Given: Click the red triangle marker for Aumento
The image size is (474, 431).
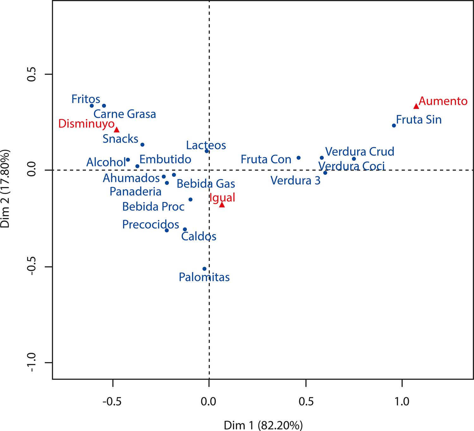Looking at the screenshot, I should tap(416, 106).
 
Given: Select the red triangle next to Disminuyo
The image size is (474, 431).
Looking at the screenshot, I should tap(117, 129).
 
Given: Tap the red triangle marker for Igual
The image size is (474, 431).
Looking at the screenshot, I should tap(222, 205).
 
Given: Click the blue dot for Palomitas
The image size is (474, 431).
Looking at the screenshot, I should tap(204, 269).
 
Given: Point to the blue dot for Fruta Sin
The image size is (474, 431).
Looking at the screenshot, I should tap(394, 125).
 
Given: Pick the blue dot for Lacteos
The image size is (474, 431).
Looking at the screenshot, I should tap(207, 151).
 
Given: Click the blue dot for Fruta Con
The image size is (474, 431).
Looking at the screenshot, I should tap(298, 158).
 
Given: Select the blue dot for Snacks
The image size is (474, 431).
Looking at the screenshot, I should tap(142, 145).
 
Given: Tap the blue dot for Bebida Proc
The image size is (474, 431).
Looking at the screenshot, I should tap(190, 199).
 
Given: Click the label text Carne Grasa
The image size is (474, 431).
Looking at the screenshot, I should tap(125, 114).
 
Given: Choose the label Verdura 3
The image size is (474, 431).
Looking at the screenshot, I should tap(295, 181).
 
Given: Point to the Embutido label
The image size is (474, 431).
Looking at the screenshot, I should tap(165, 159).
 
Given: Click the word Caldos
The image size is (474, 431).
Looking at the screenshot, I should tap(199, 236).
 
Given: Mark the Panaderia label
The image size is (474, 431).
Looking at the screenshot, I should tap(136, 191).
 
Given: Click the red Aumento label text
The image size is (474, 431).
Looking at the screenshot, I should tap(443, 101).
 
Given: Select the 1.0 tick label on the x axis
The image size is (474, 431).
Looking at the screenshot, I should tap(402, 402).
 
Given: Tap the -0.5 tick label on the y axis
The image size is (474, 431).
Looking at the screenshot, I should tap(34, 267).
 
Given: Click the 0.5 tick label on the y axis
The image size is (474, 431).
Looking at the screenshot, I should tap(34, 75).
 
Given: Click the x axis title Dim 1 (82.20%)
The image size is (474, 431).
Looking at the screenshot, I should tap(263, 425).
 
